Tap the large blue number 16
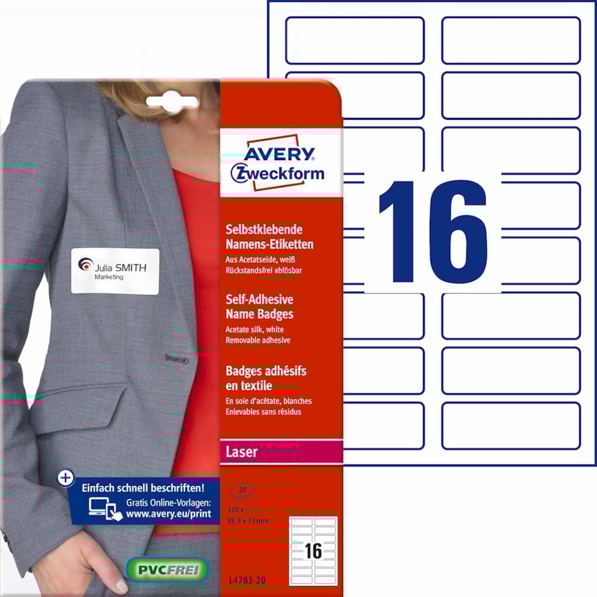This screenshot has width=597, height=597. pos(433,231)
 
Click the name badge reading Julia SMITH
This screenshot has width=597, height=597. pos(115,271)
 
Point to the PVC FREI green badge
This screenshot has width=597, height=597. pos(167,569)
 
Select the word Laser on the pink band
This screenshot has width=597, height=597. pos(241,452)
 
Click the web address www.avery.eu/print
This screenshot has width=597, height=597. pos(168,515)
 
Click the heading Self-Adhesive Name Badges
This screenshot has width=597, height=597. pos(259,306)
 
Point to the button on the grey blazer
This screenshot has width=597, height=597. pos(176,359)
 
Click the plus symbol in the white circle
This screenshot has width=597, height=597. pos(65,478)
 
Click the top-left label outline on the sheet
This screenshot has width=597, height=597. pos(354,40)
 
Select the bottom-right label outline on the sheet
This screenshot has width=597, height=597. pos(511,425)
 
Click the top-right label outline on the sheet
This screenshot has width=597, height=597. pos(511,40)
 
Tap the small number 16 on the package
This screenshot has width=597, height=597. pos(314,551)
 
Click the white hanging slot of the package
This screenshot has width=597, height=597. pos(172,102)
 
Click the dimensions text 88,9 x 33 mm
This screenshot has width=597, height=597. pos(249,512)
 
